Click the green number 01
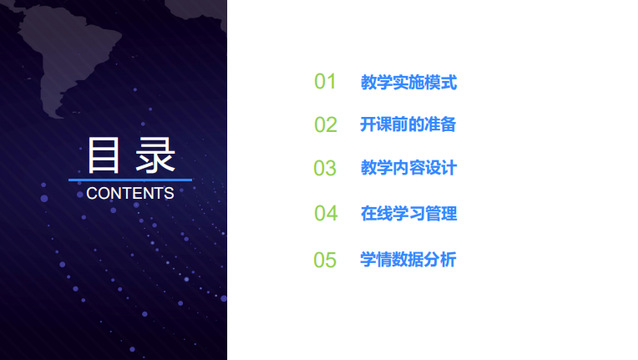click(325, 81)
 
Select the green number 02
click(326, 124)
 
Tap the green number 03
click(325, 168)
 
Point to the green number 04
click(326, 213)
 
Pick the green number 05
click(325, 260)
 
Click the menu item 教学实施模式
click(409, 82)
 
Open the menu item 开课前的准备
click(408, 124)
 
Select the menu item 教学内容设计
click(409, 168)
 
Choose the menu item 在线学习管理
click(409, 214)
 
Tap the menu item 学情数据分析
click(408, 260)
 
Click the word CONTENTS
click(130, 193)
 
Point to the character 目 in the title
click(104, 155)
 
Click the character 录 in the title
click(155, 155)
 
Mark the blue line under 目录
click(130, 179)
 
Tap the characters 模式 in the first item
click(441, 82)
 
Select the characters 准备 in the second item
click(440, 124)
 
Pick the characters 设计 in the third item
click(441, 168)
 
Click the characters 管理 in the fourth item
click(441, 214)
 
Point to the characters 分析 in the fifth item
click(440, 260)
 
